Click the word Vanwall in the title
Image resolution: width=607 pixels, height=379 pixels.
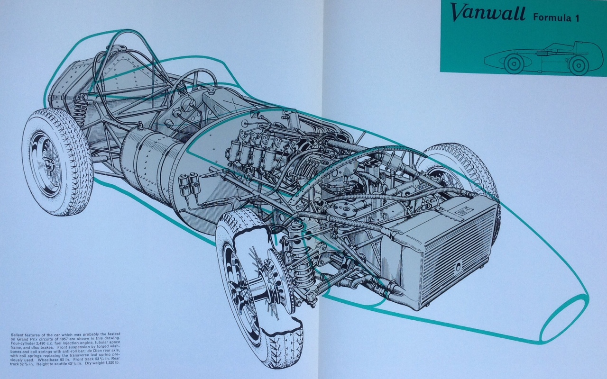click(x=488, y=14)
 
